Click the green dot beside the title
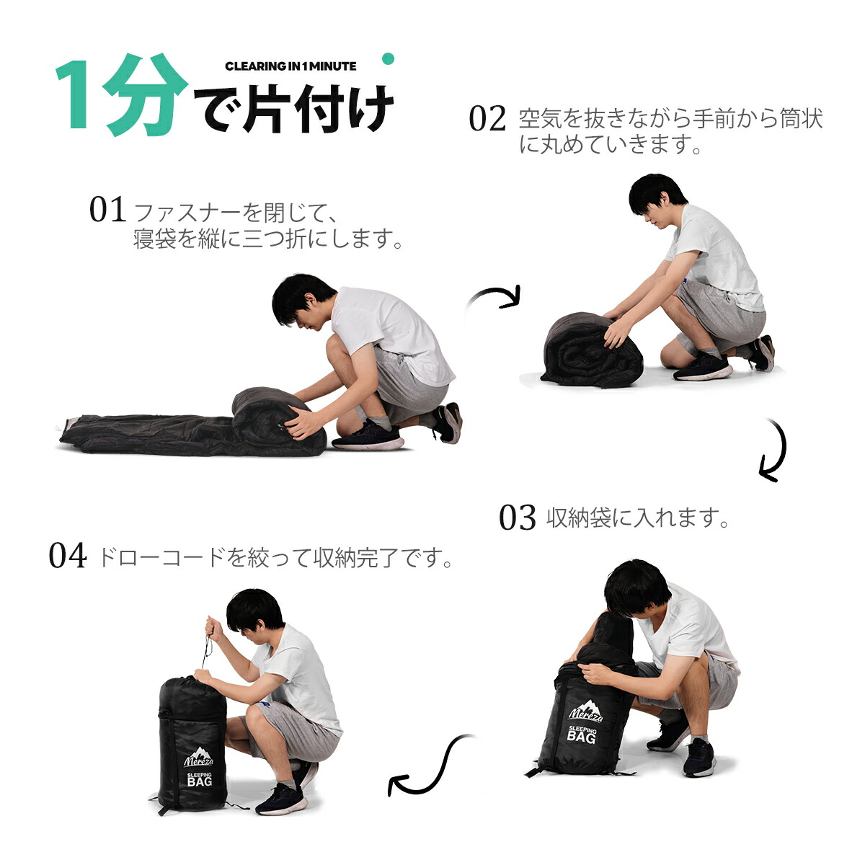pyautogui.click(x=388, y=59)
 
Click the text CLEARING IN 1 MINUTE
pyautogui.click(x=290, y=66)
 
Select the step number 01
pyautogui.click(x=107, y=209)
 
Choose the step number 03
pyautogui.click(x=517, y=517)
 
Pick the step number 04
pyautogui.click(x=68, y=556)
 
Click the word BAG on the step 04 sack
pyautogui.click(x=199, y=781)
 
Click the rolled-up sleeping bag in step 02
pyautogui.click(x=593, y=350)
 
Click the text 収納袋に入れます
pyautogui.click(x=637, y=518)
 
